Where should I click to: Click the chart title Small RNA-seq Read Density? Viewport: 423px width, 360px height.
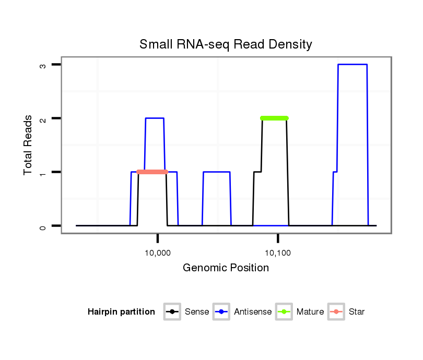(226, 44)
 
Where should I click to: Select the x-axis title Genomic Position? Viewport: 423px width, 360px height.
(226, 268)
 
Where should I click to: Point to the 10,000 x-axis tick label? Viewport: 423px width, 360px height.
(157, 254)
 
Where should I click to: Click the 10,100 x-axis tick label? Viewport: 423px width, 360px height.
(278, 254)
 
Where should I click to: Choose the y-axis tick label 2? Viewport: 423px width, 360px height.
(43, 118)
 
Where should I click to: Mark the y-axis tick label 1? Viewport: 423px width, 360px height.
(43, 172)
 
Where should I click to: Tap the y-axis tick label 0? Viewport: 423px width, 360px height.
(43, 226)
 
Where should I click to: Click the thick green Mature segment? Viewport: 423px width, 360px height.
(274, 118)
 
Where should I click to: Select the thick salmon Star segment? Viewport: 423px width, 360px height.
(152, 172)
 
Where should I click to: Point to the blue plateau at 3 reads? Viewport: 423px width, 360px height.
(352, 65)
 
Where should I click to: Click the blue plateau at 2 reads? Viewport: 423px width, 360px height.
(155, 118)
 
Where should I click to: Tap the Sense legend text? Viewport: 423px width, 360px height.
(197, 312)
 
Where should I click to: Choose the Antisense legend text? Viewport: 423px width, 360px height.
(253, 312)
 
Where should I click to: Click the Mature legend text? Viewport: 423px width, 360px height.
(310, 312)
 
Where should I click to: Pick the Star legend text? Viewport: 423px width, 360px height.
(357, 312)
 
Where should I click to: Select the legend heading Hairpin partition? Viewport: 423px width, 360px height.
(121, 312)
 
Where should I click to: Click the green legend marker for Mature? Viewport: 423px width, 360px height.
(285, 312)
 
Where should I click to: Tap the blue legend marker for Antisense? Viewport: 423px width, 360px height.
(222, 312)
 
